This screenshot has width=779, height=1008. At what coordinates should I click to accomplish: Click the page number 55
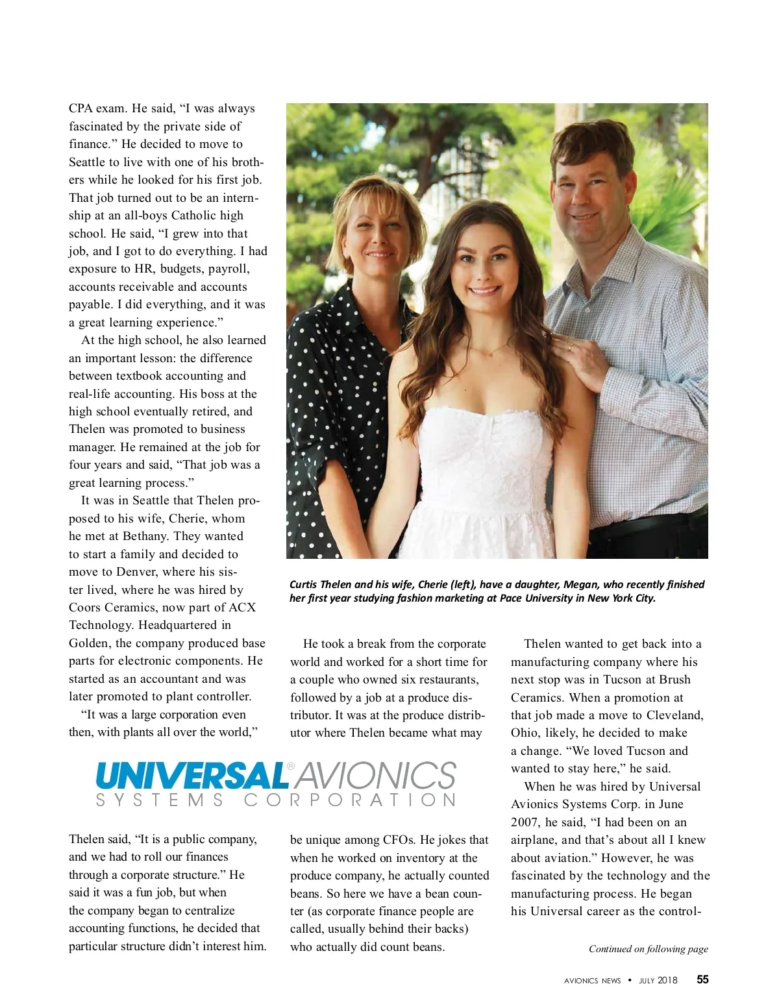point(702,979)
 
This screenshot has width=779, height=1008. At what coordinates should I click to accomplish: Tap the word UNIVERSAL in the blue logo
point(192,776)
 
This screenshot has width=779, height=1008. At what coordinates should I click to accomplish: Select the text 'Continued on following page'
point(648,949)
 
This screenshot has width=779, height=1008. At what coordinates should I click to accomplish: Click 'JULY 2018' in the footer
point(658,980)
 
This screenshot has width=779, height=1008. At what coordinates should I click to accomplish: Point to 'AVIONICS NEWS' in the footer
point(592,981)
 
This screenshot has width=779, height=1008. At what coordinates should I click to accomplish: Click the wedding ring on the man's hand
point(569,346)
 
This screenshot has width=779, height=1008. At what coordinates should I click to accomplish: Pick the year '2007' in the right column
point(525,822)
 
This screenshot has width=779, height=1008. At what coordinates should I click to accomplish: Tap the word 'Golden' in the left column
point(88,643)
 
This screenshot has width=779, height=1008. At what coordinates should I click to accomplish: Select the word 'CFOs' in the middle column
point(399,840)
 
